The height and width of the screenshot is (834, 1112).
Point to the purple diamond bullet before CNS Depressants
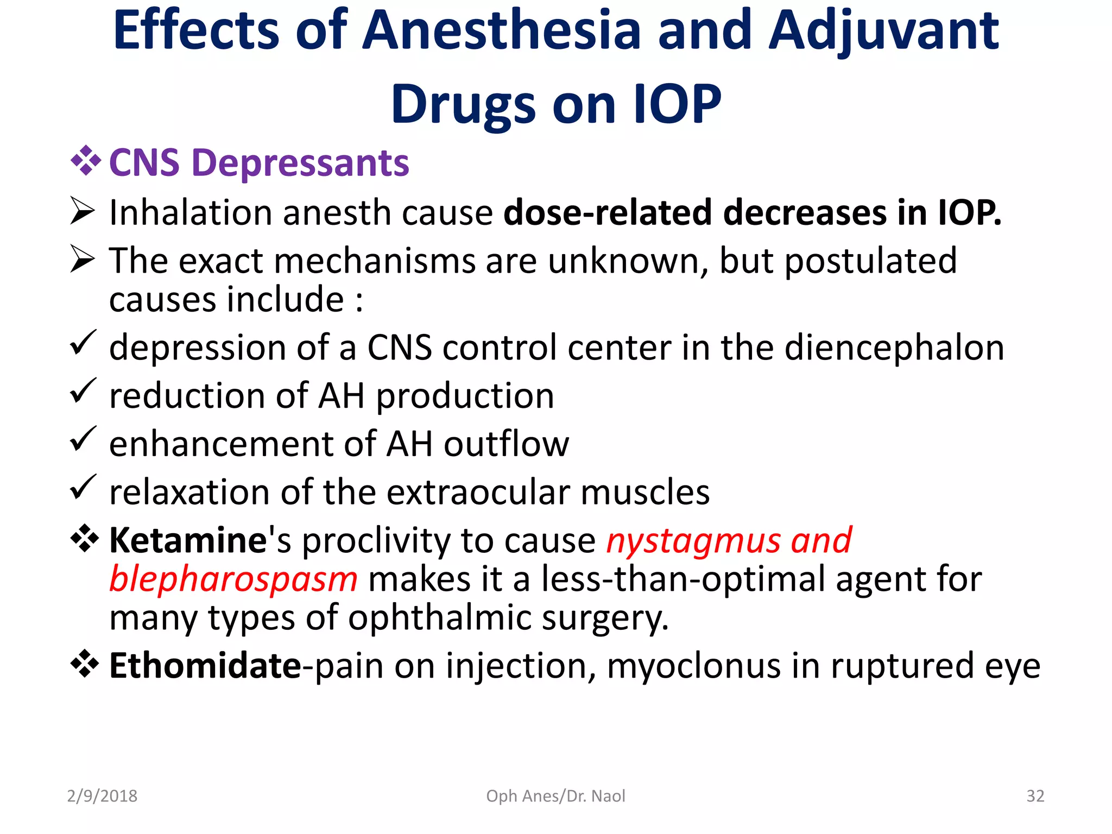(x=85, y=161)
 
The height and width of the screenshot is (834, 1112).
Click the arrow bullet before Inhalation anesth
(x=83, y=211)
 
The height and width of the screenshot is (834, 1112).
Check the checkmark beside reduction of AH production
(x=83, y=391)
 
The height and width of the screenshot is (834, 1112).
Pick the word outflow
(x=506, y=444)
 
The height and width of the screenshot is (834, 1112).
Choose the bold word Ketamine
(x=188, y=541)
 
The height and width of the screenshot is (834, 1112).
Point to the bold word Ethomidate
(x=205, y=666)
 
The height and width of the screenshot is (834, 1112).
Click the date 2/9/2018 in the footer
(x=102, y=796)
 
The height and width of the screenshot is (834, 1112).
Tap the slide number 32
(x=1035, y=796)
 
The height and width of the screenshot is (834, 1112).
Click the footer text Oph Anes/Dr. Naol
(x=555, y=796)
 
